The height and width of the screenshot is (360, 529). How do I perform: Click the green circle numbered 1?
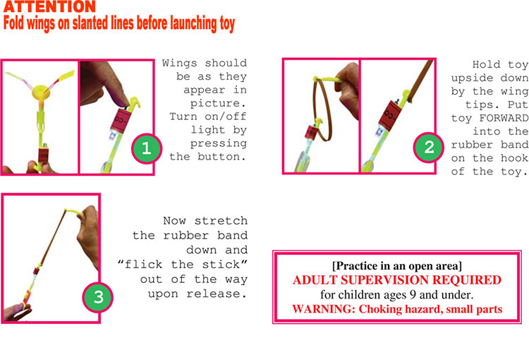pos(147,148)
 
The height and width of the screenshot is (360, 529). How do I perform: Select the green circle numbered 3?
pos(99,296)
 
